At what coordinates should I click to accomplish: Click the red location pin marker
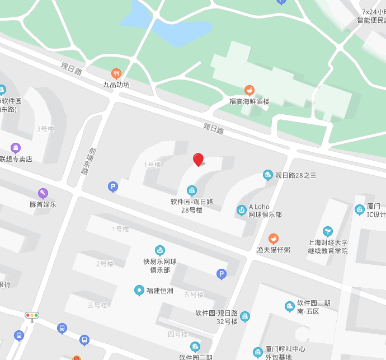(x=198, y=160)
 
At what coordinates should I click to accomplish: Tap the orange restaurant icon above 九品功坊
(x=116, y=73)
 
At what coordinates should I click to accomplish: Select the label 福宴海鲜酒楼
(x=250, y=101)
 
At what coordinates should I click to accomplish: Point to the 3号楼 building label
(x=45, y=129)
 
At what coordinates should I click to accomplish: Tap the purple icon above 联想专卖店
(x=16, y=148)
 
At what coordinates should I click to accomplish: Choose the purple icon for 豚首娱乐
(x=43, y=193)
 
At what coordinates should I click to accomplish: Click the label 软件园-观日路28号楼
(x=192, y=205)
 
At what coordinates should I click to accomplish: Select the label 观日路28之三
(x=295, y=175)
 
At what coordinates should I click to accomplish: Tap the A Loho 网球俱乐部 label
(x=265, y=211)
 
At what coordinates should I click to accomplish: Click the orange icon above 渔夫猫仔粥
(x=273, y=239)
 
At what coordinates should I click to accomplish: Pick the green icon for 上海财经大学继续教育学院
(x=328, y=231)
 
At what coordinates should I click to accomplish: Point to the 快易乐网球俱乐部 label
(x=160, y=265)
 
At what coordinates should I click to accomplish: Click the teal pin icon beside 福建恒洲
(x=139, y=290)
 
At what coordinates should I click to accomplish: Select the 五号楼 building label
(x=194, y=294)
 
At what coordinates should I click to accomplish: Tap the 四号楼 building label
(x=178, y=334)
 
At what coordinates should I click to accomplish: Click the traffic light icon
(x=32, y=316)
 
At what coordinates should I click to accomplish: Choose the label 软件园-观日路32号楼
(x=217, y=317)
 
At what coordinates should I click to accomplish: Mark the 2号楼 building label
(x=105, y=264)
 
